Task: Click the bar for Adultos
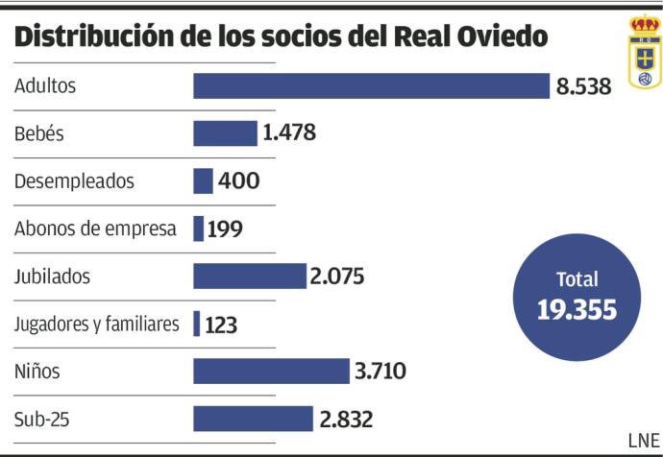(371, 85)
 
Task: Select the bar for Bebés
(225, 132)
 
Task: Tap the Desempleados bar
(203, 180)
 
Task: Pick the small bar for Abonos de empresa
(198, 228)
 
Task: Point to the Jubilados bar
(249, 277)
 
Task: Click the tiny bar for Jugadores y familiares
(197, 324)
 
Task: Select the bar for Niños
(271, 371)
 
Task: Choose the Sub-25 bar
(253, 419)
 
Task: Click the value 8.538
(583, 86)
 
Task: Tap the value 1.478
(289, 133)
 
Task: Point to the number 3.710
(381, 372)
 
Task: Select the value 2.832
(345, 420)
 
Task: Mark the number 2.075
(337, 277)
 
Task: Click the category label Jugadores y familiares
(97, 325)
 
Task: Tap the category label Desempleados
(74, 181)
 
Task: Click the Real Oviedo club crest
(645, 53)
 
